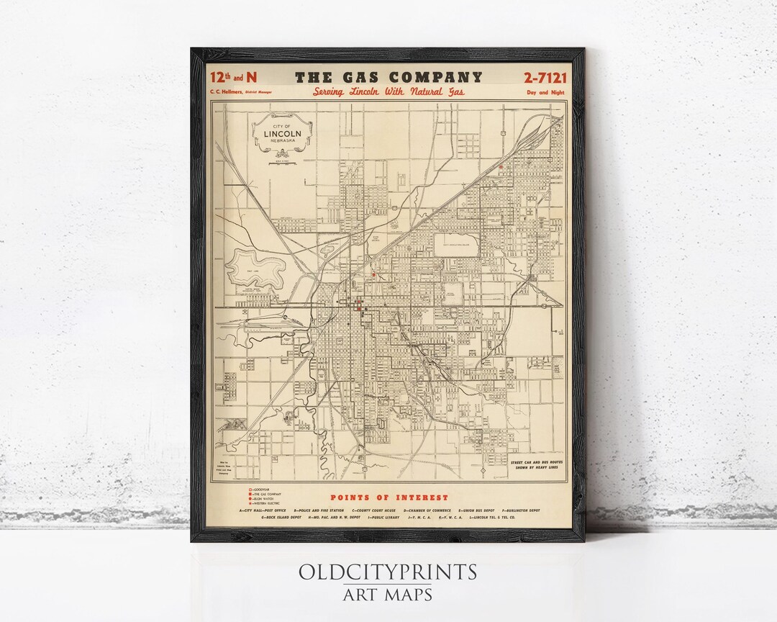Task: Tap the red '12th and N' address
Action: [x=232, y=78]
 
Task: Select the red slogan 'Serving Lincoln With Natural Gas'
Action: [x=388, y=92]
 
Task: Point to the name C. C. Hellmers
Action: [x=224, y=92]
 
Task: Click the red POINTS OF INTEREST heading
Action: [x=388, y=497]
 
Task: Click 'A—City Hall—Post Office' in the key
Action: [x=263, y=510]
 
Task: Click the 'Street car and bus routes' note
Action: [x=535, y=464]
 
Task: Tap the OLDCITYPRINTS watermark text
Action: [x=388, y=572]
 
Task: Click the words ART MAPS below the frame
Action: [x=388, y=595]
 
